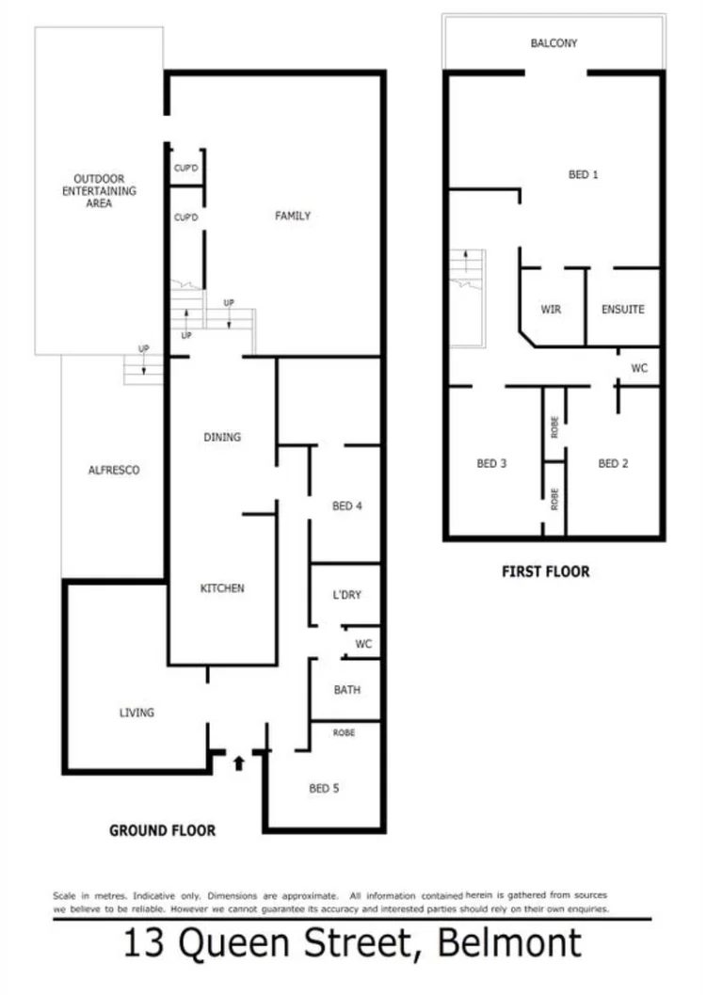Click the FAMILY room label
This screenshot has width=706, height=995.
pyautogui.click(x=292, y=216)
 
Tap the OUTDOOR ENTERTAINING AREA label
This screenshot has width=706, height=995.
pyautogui.click(x=99, y=190)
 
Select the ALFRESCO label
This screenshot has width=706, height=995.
pyautogui.click(x=113, y=470)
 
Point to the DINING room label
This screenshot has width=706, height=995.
pyautogui.click(x=222, y=437)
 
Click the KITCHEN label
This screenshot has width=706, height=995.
pyautogui.click(x=222, y=588)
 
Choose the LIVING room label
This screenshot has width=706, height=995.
pyautogui.click(x=136, y=713)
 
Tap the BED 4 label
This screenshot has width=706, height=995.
pyautogui.click(x=347, y=506)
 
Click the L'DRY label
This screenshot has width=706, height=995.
pyautogui.click(x=346, y=595)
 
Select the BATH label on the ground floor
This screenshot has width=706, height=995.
pyautogui.click(x=346, y=690)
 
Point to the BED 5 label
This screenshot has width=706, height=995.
pyautogui.click(x=324, y=789)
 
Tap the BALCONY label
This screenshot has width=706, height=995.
pyautogui.click(x=554, y=43)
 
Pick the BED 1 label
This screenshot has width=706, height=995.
pyautogui.click(x=584, y=174)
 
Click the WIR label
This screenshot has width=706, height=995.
pyautogui.click(x=551, y=309)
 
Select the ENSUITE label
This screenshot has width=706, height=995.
pyautogui.click(x=622, y=309)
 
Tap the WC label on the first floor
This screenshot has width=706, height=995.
pyautogui.click(x=639, y=369)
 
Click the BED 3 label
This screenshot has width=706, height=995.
pyautogui.click(x=491, y=463)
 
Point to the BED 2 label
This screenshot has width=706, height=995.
pyautogui.click(x=613, y=463)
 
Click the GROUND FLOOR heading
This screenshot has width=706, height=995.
pyautogui.click(x=162, y=830)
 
